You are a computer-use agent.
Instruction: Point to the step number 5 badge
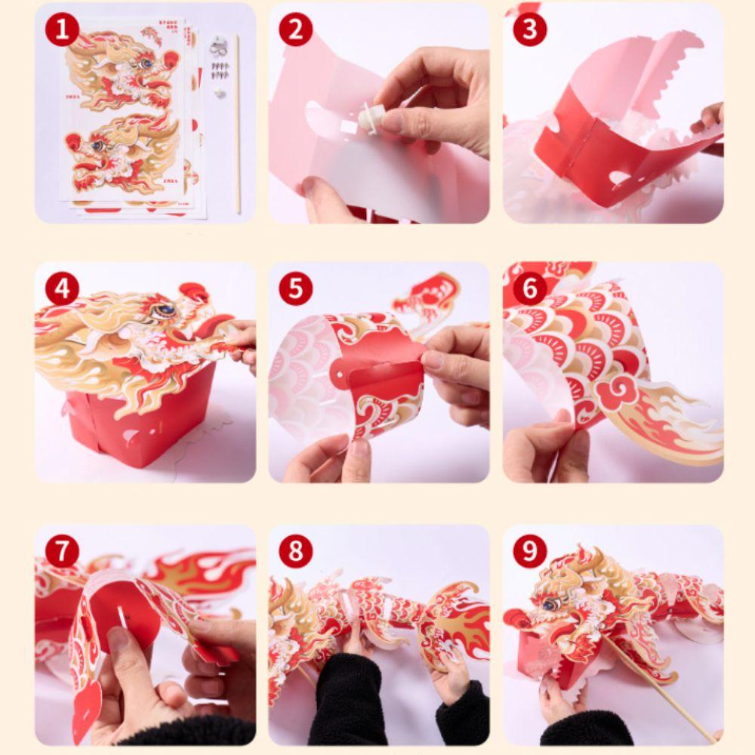(x=295, y=289)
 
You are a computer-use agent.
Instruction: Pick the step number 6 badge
(x=530, y=289)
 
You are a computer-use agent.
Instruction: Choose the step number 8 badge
(x=295, y=552)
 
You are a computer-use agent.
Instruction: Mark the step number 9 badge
(x=530, y=552)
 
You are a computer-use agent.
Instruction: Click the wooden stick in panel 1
(x=236, y=128)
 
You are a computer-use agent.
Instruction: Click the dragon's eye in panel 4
(x=162, y=310)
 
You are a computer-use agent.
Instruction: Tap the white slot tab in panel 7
(x=121, y=615)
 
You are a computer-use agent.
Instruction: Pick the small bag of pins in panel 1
(x=220, y=70)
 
